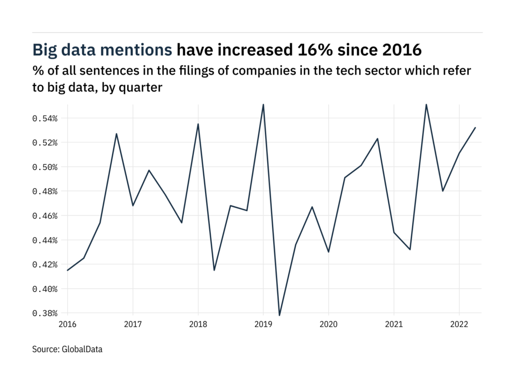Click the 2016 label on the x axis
pyautogui.click(x=67, y=323)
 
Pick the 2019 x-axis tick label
pyautogui.click(x=263, y=323)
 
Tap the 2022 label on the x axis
pyautogui.click(x=459, y=323)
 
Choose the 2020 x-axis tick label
pyautogui.click(x=328, y=323)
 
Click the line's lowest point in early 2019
pyautogui.click(x=279, y=315)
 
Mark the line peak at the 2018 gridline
pyautogui.click(x=198, y=124)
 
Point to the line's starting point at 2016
pyautogui.click(x=67, y=270)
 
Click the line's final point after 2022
pyautogui.click(x=475, y=127)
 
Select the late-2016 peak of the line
pyautogui.click(x=117, y=134)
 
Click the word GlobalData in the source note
pyautogui.click(x=82, y=349)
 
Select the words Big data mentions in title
pyautogui.click(x=103, y=50)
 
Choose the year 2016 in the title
pyautogui.click(x=396, y=50)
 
